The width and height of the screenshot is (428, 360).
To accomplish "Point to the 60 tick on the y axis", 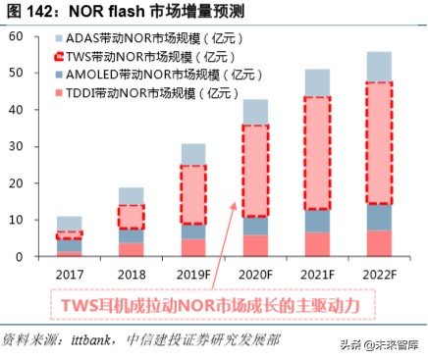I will [17, 36].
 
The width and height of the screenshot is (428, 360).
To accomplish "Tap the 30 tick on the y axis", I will [17, 146].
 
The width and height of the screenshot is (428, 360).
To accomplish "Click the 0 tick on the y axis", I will [21, 257].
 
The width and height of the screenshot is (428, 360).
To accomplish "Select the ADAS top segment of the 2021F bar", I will [316, 82].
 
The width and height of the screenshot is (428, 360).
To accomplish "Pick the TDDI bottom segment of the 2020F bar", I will [255, 245].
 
